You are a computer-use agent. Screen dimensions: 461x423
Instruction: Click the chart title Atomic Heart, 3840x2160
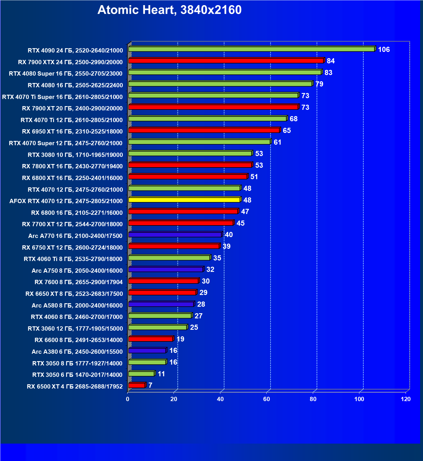point(169,10)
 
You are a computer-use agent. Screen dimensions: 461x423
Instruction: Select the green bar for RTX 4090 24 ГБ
point(251,49)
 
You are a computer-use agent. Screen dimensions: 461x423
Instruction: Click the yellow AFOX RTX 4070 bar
point(184,200)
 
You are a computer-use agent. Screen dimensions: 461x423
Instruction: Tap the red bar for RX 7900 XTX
point(225,61)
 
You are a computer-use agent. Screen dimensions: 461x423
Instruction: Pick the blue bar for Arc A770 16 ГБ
point(175,234)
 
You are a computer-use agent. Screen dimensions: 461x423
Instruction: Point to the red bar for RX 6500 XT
point(137,385)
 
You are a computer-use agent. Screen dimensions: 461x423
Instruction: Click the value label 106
point(384,50)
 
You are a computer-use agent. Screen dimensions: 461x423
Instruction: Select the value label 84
point(331,61)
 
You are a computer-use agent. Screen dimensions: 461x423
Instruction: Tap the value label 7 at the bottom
point(150,385)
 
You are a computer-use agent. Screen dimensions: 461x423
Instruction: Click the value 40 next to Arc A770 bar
point(229,235)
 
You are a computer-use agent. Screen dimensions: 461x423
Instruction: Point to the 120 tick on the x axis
point(406,399)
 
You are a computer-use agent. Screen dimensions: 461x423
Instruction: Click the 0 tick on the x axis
point(128,399)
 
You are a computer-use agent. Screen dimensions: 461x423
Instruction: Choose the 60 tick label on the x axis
point(267,399)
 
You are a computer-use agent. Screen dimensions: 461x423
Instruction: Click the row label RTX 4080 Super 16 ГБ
point(66,74)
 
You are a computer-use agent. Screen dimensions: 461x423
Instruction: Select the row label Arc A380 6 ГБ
point(77,352)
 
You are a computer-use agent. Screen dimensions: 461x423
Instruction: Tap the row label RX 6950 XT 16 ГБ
point(72,132)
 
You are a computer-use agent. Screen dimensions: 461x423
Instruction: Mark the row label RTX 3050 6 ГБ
point(77,375)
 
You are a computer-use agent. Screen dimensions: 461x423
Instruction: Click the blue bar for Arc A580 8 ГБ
point(161,304)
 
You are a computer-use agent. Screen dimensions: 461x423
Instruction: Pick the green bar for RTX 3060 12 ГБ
point(158,327)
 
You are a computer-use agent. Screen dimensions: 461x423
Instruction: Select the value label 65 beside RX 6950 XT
point(287,131)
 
